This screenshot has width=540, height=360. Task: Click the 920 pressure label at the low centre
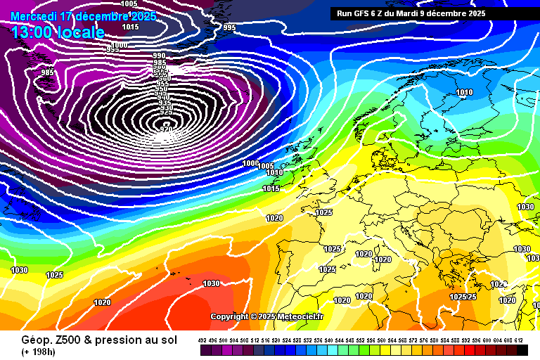click(167, 129)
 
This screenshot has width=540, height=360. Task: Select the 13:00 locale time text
click(58, 32)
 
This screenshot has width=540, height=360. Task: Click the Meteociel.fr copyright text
click(266, 317)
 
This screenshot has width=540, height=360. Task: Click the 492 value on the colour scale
click(202, 340)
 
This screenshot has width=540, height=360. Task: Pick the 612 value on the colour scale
click(519, 340)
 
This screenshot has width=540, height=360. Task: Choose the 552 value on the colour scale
click(361, 340)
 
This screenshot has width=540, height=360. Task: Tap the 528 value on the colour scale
click(297, 340)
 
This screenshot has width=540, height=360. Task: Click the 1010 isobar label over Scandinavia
click(465, 92)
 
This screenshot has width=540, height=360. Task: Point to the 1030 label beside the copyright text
click(211, 284)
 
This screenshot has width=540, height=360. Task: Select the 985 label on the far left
click(47, 72)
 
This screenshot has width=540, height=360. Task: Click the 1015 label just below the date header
click(130, 27)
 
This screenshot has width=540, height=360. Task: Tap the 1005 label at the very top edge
click(129, 4)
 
